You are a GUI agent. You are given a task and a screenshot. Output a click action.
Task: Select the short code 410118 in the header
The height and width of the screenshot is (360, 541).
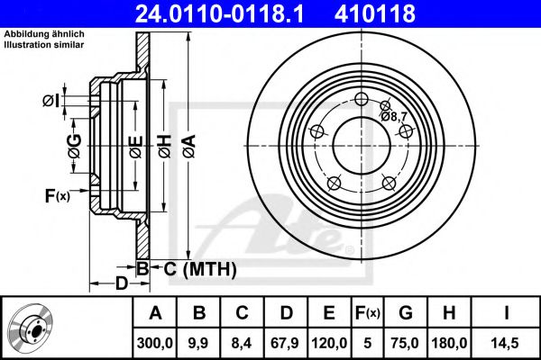coord(401,13)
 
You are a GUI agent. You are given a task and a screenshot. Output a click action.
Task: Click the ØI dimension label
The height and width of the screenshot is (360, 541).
coord(52,100)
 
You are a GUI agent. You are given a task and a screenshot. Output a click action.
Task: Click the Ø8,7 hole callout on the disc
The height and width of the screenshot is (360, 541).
coord(397,116)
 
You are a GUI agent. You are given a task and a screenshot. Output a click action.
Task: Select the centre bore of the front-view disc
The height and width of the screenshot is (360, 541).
coord(361,144)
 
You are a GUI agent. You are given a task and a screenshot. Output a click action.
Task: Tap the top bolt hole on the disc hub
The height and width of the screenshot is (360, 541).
coord(361,100)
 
